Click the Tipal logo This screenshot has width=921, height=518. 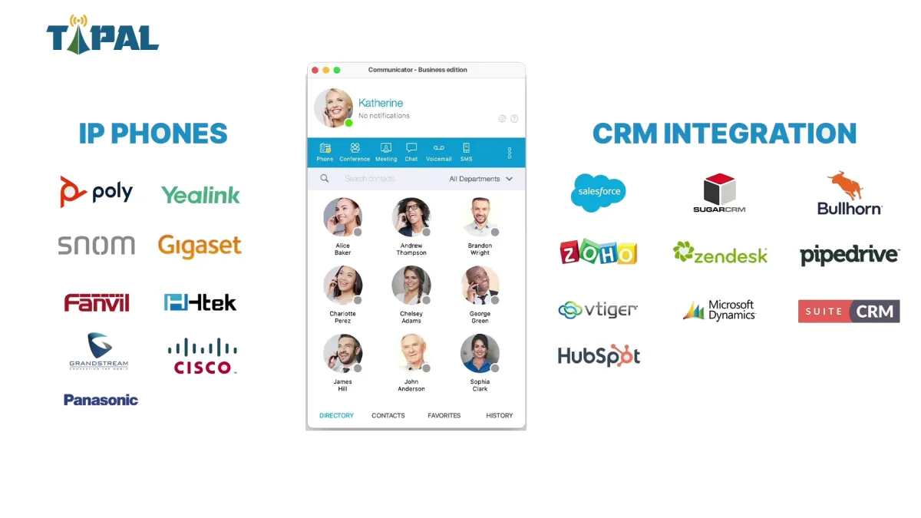[x=102, y=35]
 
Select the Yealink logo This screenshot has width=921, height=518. [x=200, y=195]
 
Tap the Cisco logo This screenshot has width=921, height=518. [x=202, y=357]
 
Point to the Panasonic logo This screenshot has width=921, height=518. [x=101, y=400]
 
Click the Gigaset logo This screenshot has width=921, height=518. [x=200, y=246]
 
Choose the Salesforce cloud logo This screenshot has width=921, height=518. [x=599, y=193]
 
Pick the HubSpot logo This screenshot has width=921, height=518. [x=599, y=356]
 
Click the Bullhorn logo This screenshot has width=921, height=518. [x=849, y=193]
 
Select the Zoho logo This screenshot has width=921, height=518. [x=599, y=252]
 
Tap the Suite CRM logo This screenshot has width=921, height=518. [x=849, y=311]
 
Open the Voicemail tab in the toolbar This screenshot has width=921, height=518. [x=438, y=152]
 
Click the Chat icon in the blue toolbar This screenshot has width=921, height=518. [x=411, y=152]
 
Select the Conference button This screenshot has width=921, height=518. [x=355, y=152]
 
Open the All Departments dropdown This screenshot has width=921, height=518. [x=480, y=179]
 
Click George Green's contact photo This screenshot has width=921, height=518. [x=480, y=285]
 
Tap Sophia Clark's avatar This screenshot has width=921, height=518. [x=480, y=353]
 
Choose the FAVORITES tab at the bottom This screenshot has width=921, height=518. [x=444, y=416]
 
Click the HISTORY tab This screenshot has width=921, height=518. [x=499, y=416]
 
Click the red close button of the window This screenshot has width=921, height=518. [x=315, y=70]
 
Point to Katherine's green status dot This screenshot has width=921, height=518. [x=348, y=123]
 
